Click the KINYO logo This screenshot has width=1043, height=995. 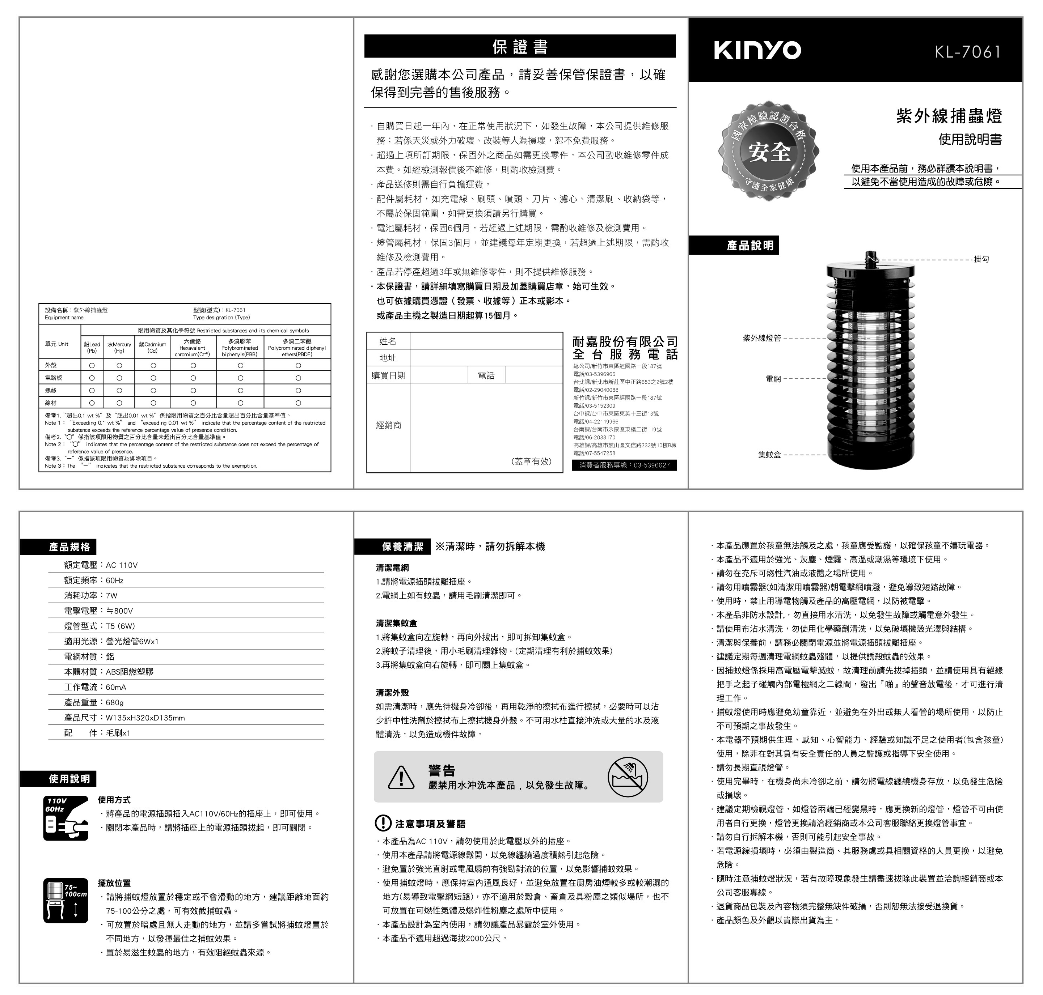(x=757, y=50)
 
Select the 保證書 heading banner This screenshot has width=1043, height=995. (x=520, y=47)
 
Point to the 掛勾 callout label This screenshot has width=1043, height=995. (x=981, y=259)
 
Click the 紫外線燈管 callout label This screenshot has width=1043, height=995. (x=762, y=338)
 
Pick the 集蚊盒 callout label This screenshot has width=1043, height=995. (x=769, y=455)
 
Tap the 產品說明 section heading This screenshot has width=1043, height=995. (x=750, y=246)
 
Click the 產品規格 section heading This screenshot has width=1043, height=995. (x=69, y=547)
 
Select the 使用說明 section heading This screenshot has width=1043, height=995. (x=69, y=779)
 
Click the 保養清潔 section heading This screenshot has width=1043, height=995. (x=402, y=546)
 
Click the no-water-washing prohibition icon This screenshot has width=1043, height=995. (x=628, y=777)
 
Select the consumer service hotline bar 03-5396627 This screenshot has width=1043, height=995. (x=624, y=465)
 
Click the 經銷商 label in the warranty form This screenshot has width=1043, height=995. (x=389, y=425)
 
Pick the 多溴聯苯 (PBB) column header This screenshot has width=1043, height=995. (x=240, y=348)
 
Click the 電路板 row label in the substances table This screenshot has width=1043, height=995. (x=54, y=378)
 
